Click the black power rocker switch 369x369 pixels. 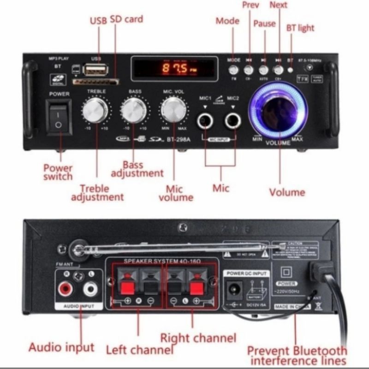click(x=60, y=118)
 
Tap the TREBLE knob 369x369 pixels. click(x=96, y=110)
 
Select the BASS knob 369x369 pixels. click(x=134, y=110)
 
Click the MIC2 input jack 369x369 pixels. click(x=232, y=122)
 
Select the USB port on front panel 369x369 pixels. click(x=95, y=70)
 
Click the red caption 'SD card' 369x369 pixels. click(x=127, y=19)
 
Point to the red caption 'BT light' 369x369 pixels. click(x=300, y=28)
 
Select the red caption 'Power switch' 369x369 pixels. click(x=58, y=172)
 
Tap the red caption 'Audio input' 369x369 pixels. click(x=61, y=347)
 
